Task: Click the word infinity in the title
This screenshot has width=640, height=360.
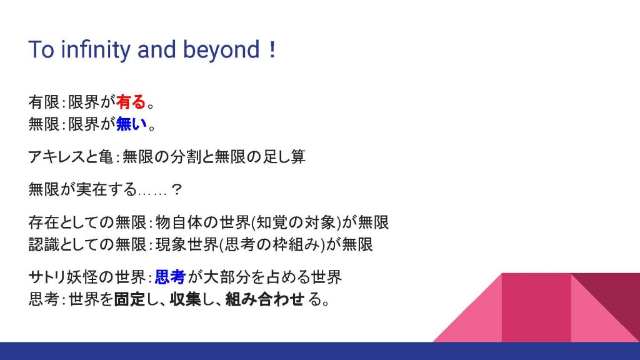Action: (x=96, y=50)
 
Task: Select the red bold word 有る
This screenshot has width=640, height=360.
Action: (x=131, y=102)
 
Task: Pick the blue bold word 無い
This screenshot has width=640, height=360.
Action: (x=131, y=124)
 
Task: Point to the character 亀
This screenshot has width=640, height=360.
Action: (x=106, y=157)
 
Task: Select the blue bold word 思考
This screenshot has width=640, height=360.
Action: (x=170, y=277)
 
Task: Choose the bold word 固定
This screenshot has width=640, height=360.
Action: (x=129, y=299)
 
